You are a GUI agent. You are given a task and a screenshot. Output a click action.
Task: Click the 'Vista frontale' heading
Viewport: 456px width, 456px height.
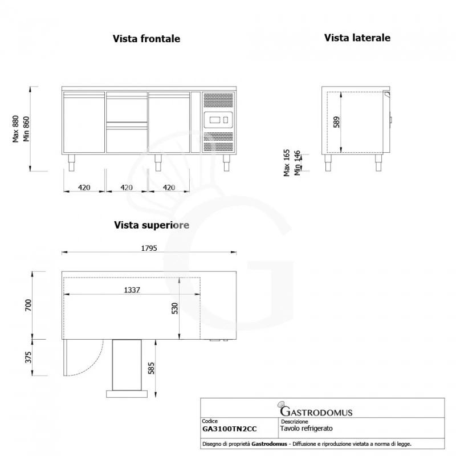tap(146, 39)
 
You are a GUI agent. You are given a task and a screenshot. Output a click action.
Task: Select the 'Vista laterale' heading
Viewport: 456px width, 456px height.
tap(357, 38)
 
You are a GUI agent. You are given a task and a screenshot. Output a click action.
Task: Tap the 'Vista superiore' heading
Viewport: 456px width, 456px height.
tap(151, 225)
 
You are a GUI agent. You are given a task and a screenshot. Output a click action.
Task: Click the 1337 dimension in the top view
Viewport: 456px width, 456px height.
tap(132, 290)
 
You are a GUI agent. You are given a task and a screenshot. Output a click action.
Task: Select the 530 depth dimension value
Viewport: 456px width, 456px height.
tap(176, 308)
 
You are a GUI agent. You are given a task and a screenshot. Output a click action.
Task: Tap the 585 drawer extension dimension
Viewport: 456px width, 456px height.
tap(151, 369)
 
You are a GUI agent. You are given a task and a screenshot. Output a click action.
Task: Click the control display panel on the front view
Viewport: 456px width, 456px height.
tap(218, 120)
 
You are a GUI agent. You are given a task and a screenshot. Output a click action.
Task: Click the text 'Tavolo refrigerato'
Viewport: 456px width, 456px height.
tap(307, 427)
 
